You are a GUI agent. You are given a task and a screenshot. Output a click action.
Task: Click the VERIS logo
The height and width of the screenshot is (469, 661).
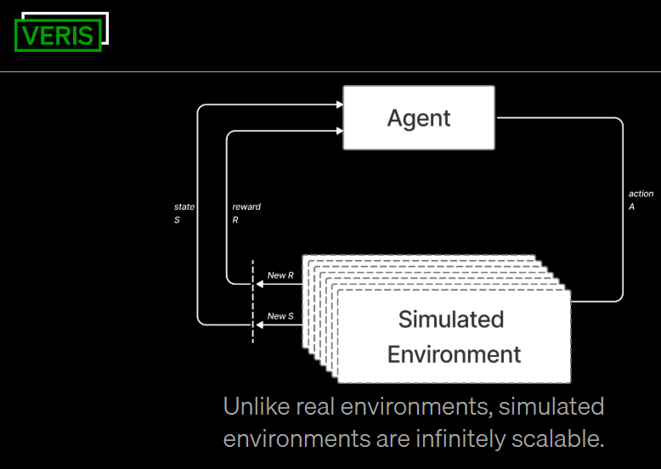58,35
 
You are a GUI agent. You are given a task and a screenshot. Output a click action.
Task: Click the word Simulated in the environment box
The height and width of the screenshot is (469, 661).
451,320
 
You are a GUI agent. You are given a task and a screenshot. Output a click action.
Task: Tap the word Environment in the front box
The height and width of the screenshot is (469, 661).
454,353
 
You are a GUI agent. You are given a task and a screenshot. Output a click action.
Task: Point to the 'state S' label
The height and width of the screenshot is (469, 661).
184,212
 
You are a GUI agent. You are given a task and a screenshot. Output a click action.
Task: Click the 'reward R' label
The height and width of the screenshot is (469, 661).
246,212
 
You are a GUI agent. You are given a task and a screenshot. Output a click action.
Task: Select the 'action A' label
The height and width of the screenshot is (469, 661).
641,200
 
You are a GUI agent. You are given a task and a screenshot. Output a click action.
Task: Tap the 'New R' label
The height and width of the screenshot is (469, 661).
280,275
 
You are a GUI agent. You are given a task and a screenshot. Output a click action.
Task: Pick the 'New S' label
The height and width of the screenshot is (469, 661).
280,316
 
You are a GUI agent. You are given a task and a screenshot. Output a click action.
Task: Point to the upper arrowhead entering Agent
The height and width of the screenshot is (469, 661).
338,105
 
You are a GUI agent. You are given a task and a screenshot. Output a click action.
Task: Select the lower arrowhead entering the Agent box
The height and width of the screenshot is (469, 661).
338,130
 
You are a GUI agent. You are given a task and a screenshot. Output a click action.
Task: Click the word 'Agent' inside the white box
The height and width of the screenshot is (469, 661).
419,118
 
